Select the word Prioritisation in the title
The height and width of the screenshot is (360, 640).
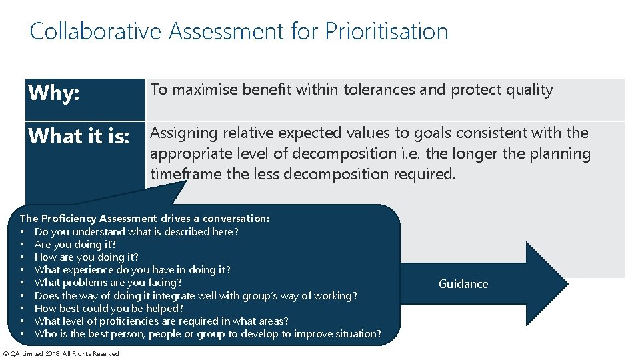point(387,31)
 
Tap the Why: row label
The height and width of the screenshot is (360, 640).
point(54,93)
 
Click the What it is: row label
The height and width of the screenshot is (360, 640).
point(79,136)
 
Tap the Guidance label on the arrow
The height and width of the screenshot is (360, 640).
point(463,284)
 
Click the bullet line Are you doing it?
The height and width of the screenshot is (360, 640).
point(75,245)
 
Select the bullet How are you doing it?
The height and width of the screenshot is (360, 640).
point(86,257)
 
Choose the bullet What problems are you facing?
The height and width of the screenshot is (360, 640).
point(108,283)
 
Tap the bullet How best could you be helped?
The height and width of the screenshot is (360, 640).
point(109,308)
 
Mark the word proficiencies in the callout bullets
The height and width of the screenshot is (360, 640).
point(126,321)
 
